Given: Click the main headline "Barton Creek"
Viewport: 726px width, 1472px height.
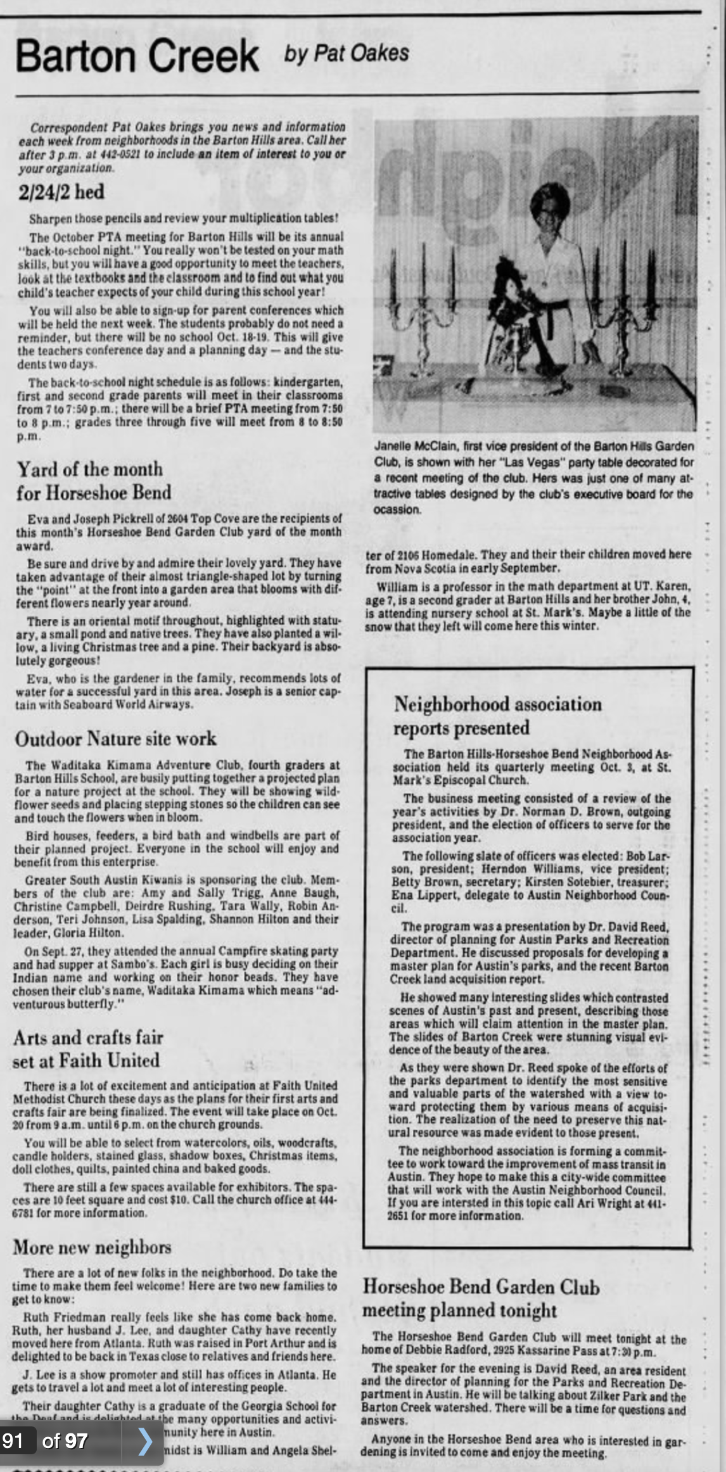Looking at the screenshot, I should click(137, 56).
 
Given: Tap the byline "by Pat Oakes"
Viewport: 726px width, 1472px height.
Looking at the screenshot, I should click(347, 53).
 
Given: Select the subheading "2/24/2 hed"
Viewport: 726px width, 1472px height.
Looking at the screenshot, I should click(61, 192).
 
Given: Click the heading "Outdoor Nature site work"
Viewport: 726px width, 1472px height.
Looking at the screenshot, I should click(116, 739).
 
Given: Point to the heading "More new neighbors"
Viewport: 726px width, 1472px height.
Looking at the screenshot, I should click(92, 1247).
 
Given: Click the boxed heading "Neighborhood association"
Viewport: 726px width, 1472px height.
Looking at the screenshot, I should click(497, 704).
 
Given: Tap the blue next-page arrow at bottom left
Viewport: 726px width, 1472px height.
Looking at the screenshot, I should click(145, 1442).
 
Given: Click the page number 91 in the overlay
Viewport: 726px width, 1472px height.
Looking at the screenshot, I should click(13, 1441).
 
